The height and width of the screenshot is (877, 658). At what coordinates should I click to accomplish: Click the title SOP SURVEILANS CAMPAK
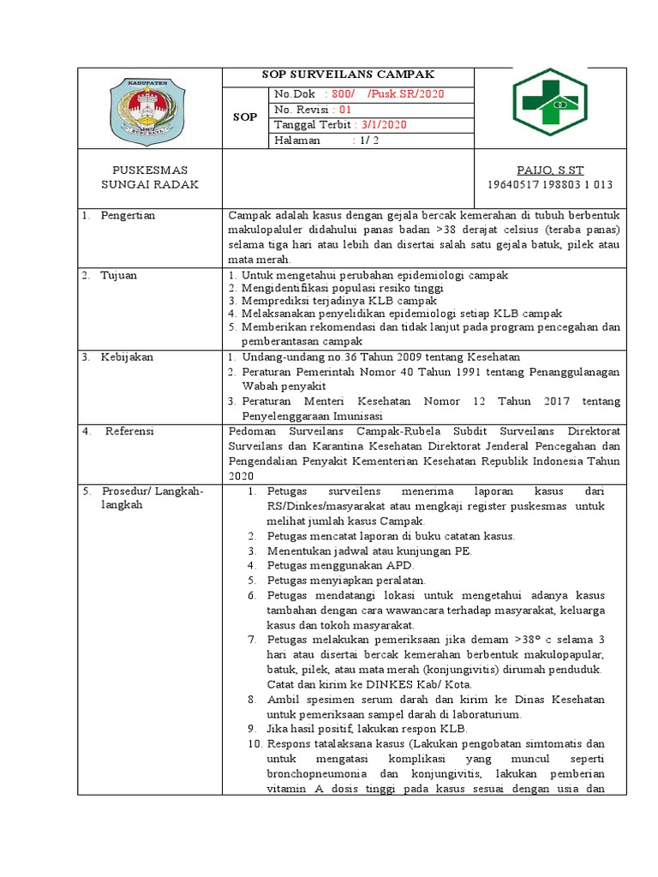coord(348,75)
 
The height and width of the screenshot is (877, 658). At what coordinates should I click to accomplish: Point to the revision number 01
coord(345,110)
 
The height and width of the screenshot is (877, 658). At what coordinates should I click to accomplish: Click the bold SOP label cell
coord(245,116)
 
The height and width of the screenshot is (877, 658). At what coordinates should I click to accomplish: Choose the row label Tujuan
coord(119,276)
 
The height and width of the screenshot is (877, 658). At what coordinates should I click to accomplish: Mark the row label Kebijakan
coord(127,357)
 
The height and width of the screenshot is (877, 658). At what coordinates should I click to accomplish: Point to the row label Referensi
coord(129,432)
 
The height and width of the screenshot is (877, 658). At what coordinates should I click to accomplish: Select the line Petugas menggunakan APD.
coord(340,565)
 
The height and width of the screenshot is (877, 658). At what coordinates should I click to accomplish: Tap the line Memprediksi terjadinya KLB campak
coord(339,301)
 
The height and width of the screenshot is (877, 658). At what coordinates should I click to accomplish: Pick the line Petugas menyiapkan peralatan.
coord(346,580)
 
